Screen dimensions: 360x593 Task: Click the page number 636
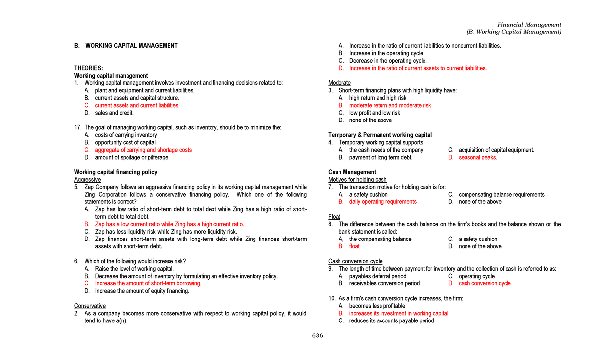(317, 336)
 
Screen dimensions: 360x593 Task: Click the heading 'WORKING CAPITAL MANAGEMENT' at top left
(131, 46)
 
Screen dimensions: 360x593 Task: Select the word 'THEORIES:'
(88, 68)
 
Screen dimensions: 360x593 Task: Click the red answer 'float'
(354, 246)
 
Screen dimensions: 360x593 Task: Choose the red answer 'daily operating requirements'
(382, 202)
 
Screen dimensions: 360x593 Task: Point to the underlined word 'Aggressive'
(87, 180)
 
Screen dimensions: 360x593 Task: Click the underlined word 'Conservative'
(90, 306)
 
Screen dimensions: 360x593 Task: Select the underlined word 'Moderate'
(339, 83)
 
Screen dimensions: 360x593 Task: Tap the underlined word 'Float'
(334, 217)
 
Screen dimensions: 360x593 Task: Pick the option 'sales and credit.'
(114, 113)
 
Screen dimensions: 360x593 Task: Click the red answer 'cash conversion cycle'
(484, 283)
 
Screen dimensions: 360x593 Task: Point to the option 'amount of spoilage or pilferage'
(131, 158)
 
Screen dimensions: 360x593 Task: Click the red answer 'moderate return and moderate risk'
(390, 105)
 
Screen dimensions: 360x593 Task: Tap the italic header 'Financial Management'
(529, 25)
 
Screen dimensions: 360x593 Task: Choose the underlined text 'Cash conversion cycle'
(355, 261)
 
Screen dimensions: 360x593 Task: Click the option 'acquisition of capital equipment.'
(496, 150)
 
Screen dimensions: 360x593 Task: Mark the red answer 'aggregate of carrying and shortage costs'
(143, 150)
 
